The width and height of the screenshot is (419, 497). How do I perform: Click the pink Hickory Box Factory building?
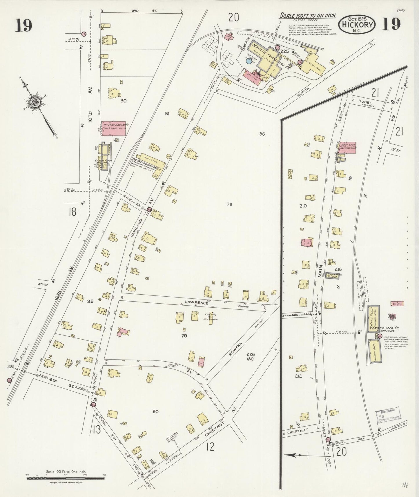[113, 128]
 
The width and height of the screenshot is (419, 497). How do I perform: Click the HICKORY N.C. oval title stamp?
[357, 24]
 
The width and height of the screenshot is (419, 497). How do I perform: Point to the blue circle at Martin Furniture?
[249, 61]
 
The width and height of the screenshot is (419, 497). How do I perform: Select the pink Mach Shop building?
[348, 148]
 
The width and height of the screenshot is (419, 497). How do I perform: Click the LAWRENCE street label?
[199, 303]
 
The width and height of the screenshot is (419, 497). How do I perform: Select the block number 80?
[155, 411]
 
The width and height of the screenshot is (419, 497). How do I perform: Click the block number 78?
[229, 204]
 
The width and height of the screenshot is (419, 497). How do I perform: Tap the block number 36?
[262, 134]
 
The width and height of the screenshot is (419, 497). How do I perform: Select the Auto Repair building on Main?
[332, 276]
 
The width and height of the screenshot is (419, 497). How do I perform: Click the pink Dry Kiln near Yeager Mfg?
[397, 304]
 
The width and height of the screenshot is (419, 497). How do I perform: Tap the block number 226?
[251, 354]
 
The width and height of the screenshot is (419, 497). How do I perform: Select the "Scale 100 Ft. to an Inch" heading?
[307, 16]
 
